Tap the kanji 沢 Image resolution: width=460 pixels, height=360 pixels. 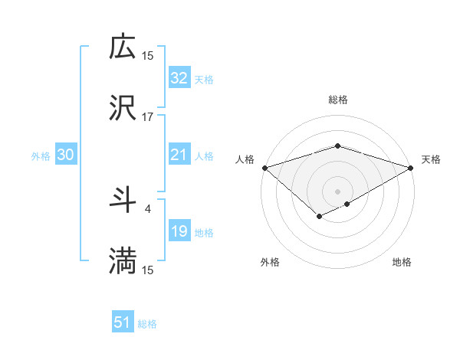pos(123,108)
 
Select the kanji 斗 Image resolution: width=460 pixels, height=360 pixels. pos(123,200)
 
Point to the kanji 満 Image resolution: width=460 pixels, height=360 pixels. pos(123,261)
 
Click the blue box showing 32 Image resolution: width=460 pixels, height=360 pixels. pos(179,78)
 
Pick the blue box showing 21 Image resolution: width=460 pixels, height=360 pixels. pos(179,155)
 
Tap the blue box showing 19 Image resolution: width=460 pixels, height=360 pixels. pos(179,231)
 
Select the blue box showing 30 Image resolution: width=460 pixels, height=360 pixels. pos(66,155)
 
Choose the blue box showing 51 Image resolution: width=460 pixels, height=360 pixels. pos(123,322)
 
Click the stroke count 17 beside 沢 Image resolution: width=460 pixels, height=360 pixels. pos(148,117)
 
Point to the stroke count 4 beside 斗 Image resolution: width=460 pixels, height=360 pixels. pos(148,208)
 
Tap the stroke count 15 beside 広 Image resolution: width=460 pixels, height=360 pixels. pos(148,55)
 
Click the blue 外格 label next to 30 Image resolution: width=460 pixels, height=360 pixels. pos(41,155)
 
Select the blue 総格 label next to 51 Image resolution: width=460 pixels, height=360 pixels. pos(147,324)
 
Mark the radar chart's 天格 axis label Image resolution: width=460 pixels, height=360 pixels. pos(431,159)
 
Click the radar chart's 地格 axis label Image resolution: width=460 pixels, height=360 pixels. pos(402,262)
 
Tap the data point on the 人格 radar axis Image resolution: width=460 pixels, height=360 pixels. pos(264,167)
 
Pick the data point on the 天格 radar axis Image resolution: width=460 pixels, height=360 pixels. pos(411,167)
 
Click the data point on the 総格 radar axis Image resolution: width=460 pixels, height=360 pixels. pos(337,146)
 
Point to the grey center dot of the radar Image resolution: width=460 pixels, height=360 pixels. pos(337,191)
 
